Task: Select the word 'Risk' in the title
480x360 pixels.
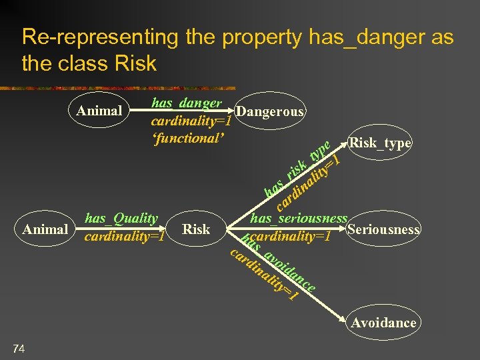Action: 135,64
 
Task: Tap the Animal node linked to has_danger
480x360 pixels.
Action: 99,110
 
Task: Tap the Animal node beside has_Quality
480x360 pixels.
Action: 45,229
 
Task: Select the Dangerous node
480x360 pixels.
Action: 270,111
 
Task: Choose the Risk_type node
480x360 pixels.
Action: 379,143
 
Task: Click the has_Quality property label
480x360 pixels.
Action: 121,218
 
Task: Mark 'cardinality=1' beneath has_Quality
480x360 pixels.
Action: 124,236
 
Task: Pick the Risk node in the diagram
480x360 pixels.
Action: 196,229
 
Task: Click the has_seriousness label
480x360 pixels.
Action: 299,218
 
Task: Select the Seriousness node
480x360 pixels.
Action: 383,229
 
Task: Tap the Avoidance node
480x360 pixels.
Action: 383,323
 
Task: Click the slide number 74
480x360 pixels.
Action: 19,347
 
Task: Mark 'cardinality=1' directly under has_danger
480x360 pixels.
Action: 191,121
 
